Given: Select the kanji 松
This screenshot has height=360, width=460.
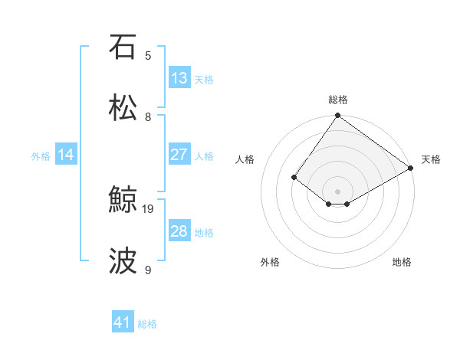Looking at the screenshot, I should pyautogui.click(x=123, y=108).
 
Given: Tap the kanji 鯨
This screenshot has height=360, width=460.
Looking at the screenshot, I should pyautogui.click(x=123, y=201).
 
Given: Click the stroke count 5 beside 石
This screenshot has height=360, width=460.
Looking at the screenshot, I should pyautogui.click(x=148, y=55).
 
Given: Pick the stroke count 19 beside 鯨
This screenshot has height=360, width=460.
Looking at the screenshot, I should pyautogui.click(x=149, y=208).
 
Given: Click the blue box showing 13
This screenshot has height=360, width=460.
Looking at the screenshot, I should pyautogui.click(x=179, y=78).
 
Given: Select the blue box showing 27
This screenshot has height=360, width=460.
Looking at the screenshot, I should pyautogui.click(x=179, y=155).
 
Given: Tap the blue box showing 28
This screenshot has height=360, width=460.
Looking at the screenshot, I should pyautogui.click(x=179, y=231).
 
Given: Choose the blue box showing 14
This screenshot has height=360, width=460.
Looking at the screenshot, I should pyautogui.click(x=66, y=155).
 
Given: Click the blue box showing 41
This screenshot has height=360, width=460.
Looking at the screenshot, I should pyautogui.click(x=123, y=323).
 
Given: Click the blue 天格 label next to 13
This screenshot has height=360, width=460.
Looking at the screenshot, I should pyautogui.click(x=204, y=79).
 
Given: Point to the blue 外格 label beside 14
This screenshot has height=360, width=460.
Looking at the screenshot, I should pyautogui.click(x=41, y=155).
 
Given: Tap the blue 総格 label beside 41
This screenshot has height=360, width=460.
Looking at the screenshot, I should pyautogui.click(x=147, y=324).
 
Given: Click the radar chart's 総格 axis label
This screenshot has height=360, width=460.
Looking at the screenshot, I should pyautogui.click(x=338, y=100).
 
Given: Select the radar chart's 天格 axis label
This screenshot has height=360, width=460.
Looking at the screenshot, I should pyautogui.click(x=431, y=159).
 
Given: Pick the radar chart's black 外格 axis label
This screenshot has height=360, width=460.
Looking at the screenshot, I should pyautogui.click(x=270, y=262).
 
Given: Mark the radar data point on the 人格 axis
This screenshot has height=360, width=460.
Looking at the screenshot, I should pyautogui.click(x=294, y=178).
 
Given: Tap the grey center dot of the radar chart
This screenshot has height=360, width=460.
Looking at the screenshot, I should pyautogui.click(x=338, y=191).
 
